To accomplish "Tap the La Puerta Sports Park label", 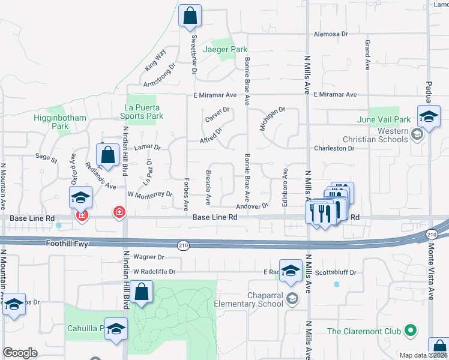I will pos(141,111).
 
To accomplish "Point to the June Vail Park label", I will pos(392,119).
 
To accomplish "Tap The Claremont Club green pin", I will pos(411,329).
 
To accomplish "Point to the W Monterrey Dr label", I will pos(150,194).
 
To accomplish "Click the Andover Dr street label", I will pos(252,206).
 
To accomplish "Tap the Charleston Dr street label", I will pos(334,148).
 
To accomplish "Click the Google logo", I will pos(20,353).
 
